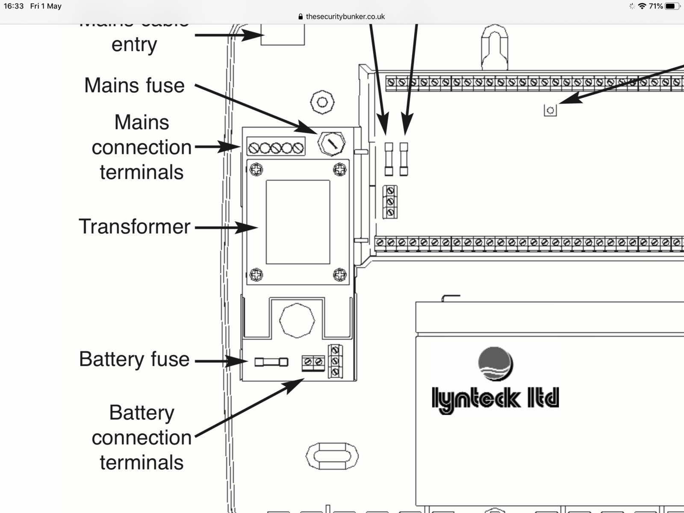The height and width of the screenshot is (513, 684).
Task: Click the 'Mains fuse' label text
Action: point(134,85)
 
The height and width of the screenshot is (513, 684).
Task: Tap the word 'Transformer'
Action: point(134,227)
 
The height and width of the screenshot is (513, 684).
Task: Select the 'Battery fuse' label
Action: point(134,359)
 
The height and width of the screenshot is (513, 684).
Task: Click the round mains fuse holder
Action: point(331,144)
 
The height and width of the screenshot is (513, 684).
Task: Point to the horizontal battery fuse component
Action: point(271,362)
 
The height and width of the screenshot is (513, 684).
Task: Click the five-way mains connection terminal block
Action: point(276,148)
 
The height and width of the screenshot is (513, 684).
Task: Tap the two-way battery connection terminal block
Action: point(313,362)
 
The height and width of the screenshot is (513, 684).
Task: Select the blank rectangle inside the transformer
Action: point(298,222)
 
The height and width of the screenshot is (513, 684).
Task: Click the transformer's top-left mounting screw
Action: point(256,169)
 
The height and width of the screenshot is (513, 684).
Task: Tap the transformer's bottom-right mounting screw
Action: point(339,274)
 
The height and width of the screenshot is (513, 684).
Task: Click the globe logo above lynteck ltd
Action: point(495,364)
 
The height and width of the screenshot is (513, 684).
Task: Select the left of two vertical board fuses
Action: point(389,159)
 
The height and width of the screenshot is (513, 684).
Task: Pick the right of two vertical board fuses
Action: point(404,159)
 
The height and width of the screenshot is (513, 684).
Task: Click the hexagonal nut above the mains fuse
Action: point(322,102)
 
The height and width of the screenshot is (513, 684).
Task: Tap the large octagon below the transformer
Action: point(297,321)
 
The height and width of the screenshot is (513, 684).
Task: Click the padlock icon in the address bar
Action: point(301,17)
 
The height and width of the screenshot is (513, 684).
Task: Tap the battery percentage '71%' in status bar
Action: point(655,6)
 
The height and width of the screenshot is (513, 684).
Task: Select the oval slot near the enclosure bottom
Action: point(332,456)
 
